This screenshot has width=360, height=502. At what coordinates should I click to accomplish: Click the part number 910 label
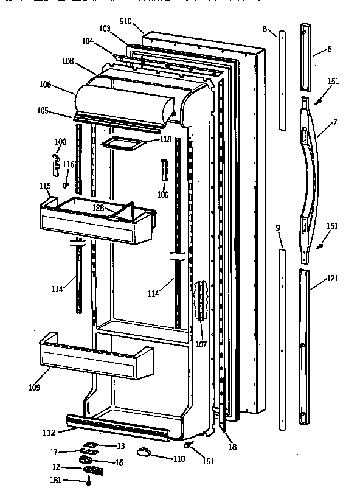(126, 21)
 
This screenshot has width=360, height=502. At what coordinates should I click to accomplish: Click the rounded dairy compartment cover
(122, 100)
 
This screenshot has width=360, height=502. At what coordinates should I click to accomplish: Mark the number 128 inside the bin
(99, 208)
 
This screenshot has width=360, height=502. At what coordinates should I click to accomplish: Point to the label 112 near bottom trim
(49, 433)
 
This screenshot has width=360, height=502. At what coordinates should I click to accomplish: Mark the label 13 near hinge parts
(120, 446)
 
